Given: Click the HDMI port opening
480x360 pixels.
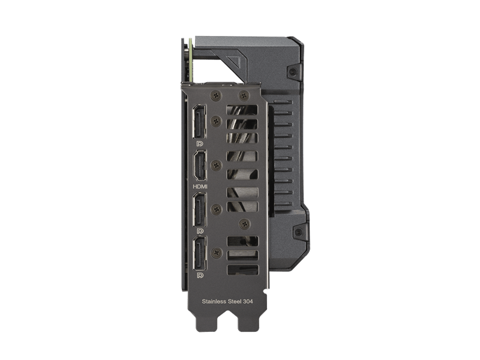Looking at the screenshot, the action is tap(199, 166).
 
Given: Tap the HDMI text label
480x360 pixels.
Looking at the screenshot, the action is tap(200, 186).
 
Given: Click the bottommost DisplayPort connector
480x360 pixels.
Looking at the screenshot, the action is tap(200, 253).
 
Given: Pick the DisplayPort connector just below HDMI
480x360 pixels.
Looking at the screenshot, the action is tap(199, 209).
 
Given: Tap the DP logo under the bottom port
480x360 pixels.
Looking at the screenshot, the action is tap(200, 275).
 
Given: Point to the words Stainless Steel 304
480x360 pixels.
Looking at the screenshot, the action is tap(227, 302).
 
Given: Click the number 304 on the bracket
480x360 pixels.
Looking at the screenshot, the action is tap(248, 302).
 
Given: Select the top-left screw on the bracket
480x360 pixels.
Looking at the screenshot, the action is tap(216, 96).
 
